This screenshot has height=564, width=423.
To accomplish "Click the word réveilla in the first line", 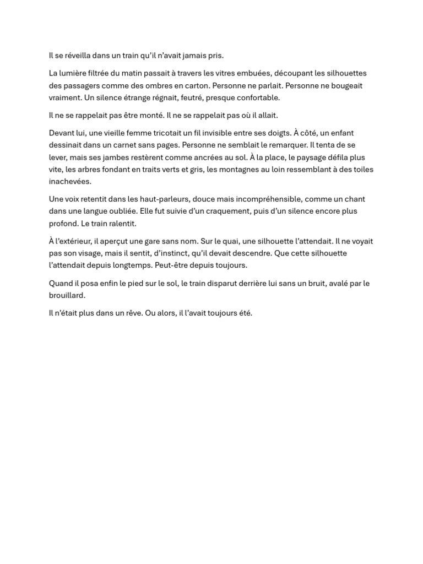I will tap(79, 56).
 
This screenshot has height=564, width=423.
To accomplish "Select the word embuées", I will tap(254, 73).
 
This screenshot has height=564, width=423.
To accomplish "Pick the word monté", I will tap(150, 116).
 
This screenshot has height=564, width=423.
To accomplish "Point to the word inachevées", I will tap(70, 182).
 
